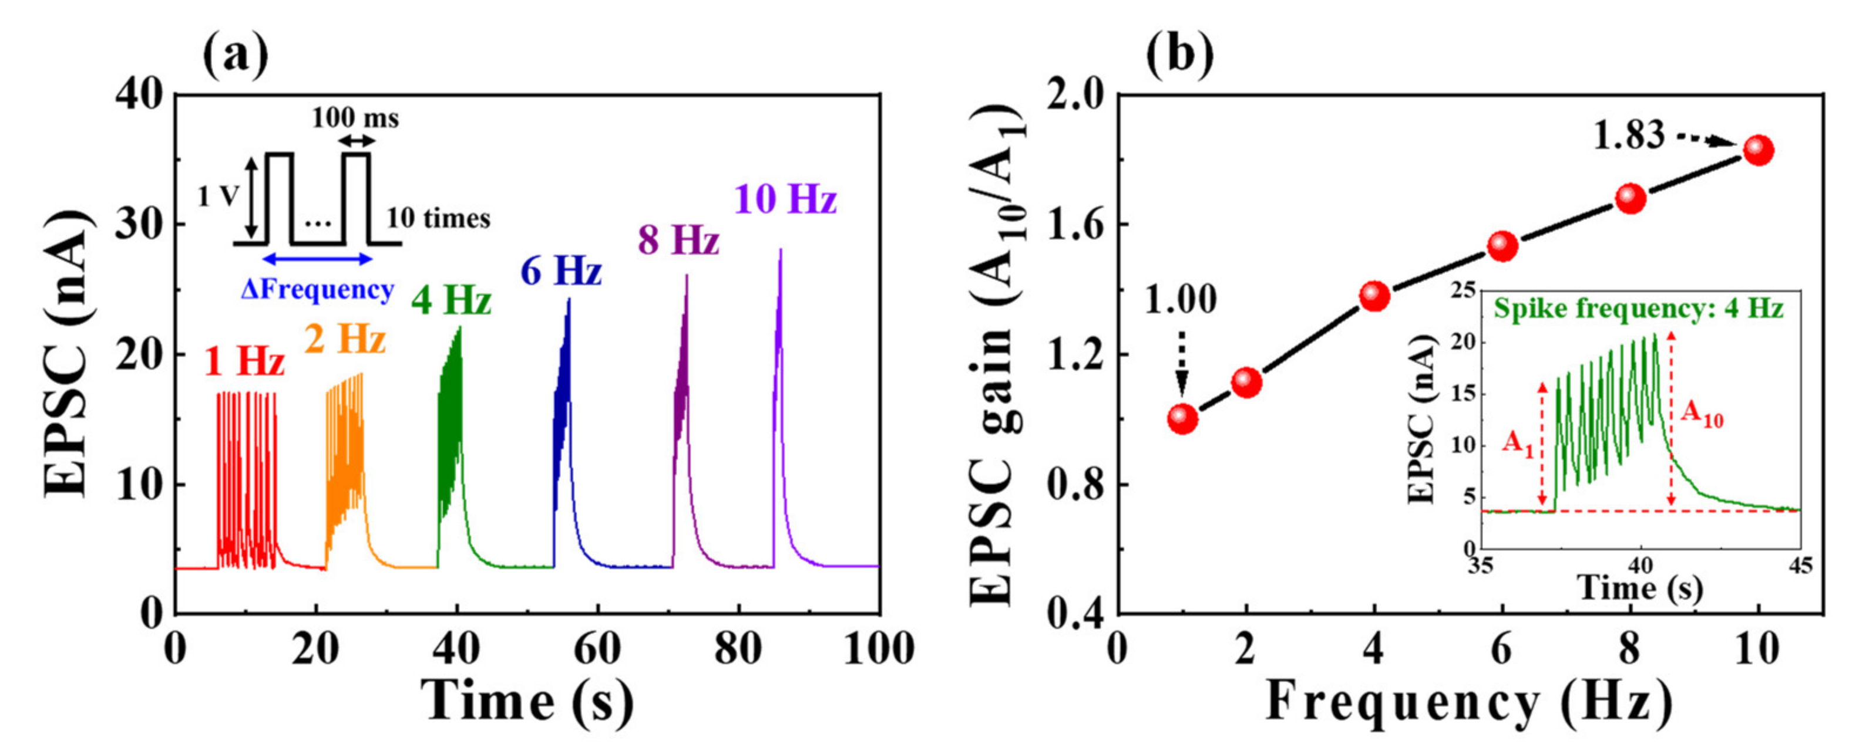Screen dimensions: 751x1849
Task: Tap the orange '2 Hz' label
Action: point(345,338)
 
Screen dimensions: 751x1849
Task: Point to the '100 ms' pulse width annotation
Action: point(355,117)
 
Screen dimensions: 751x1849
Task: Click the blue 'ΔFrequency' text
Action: point(317,289)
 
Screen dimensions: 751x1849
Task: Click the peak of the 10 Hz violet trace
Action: point(780,251)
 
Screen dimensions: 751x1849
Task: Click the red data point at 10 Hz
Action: point(1759,150)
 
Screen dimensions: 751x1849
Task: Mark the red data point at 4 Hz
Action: point(1374,296)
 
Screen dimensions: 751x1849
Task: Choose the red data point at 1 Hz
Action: point(1182,418)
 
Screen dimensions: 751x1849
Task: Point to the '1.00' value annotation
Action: point(1181,299)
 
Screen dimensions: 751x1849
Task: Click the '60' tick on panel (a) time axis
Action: point(597,649)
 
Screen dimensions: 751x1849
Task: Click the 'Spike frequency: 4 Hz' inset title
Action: point(1639,309)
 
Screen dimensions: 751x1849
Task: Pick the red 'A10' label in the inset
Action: point(1702,414)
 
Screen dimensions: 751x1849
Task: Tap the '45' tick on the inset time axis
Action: point(1800,566)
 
